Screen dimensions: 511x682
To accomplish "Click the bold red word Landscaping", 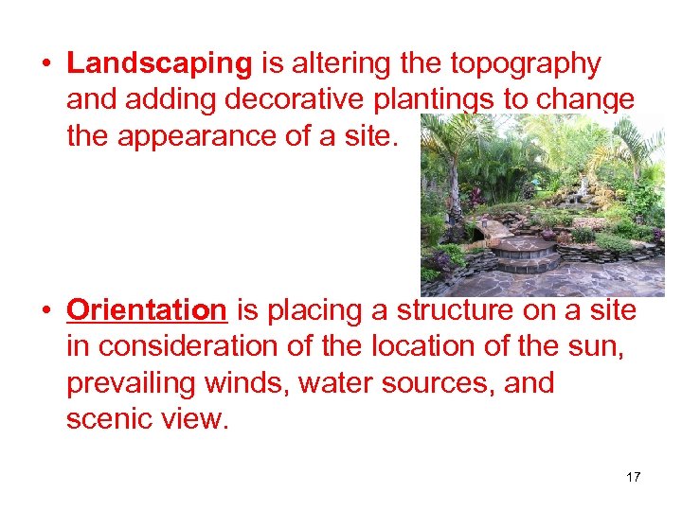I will [159, 63].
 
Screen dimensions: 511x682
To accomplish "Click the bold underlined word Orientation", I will [147, 309].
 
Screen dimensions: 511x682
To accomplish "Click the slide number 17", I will [633, 477].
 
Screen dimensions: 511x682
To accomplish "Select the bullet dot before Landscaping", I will [45, 64].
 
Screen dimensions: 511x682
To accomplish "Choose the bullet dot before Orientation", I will [45, 310].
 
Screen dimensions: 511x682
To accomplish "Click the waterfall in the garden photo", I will [574, 194].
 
